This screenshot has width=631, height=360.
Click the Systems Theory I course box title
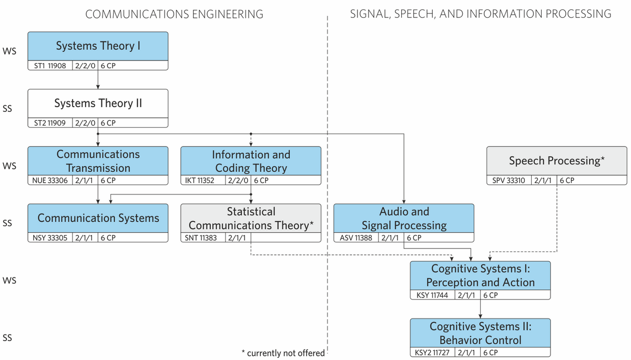point(98,46)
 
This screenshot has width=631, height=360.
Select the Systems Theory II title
point(98,104)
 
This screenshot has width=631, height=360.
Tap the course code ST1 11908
point(50,66)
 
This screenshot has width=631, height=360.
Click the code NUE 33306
point(50,180)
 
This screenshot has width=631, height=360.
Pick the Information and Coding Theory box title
point(251,161)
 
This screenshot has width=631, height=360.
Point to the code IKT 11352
point(199,180)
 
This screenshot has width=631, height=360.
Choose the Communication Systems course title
point(98,218)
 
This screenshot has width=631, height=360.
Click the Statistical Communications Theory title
point(251,219)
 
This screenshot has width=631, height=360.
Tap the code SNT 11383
point(200,238)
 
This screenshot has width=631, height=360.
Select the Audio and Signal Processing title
point(404,219)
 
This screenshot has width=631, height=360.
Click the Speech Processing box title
point(557,161)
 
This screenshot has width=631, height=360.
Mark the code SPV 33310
point(508,180)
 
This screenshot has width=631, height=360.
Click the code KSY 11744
point(432,295)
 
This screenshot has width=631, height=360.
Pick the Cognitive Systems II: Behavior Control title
point(480,333)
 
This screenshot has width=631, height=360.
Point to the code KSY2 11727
point(432,353)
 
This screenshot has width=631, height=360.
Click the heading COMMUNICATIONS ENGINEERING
point(174,14)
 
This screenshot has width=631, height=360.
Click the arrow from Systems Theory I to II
point(98,79)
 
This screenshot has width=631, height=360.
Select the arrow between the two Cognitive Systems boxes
point(480,309)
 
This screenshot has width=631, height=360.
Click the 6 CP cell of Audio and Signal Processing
point(414,238)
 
